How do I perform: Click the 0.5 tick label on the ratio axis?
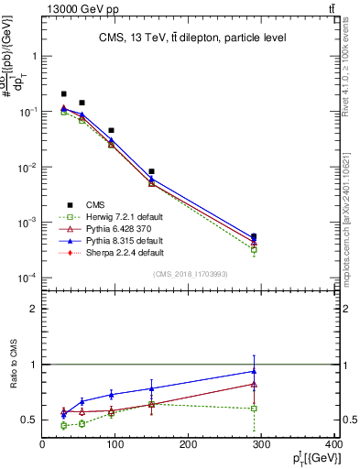click(30, 420)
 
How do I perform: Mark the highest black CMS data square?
click(63, 93)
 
